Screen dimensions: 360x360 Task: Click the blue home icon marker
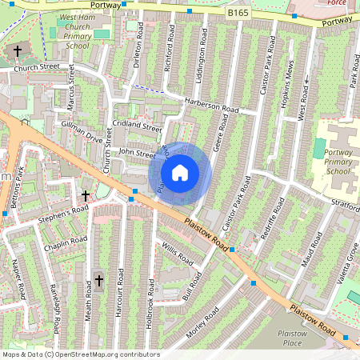pyautogui.click(x=180, y=173)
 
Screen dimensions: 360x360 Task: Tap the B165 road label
pyautogui.click(x=238, y=14)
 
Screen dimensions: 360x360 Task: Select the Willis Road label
pyautogui.click(x=177, y=254)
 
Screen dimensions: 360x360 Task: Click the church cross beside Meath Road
pyautogui.click(x=99, y=280)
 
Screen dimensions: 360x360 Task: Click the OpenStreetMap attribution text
pyautogui.click(x=81, y=354)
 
